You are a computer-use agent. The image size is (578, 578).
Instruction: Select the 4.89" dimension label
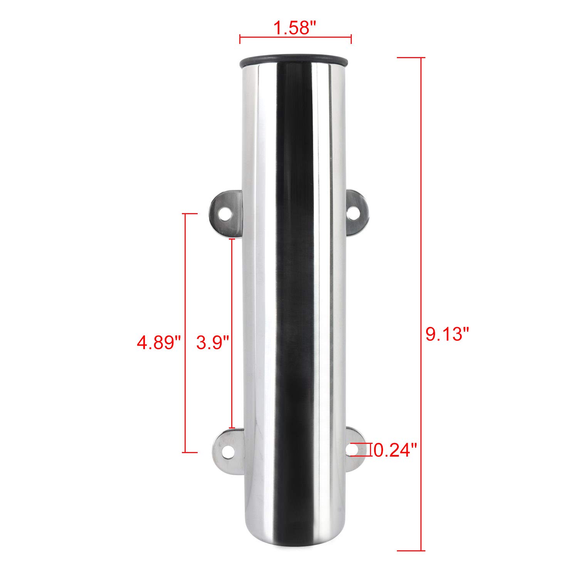pyautogui.click(x=159, y=342)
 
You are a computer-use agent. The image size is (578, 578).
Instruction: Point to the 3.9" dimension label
pyautogui.click(x=213, y=342)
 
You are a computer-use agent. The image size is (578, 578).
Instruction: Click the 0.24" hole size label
pyautogui.click(x=395, y=450)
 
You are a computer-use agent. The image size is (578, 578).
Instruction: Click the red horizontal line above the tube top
pyautogui.click(x=295, y=39)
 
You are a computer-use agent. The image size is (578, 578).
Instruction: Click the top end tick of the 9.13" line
pyautogui.click(x=412, y=58)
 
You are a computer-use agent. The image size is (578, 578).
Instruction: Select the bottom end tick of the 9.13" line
pyautogui.click(x=412, y=550)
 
